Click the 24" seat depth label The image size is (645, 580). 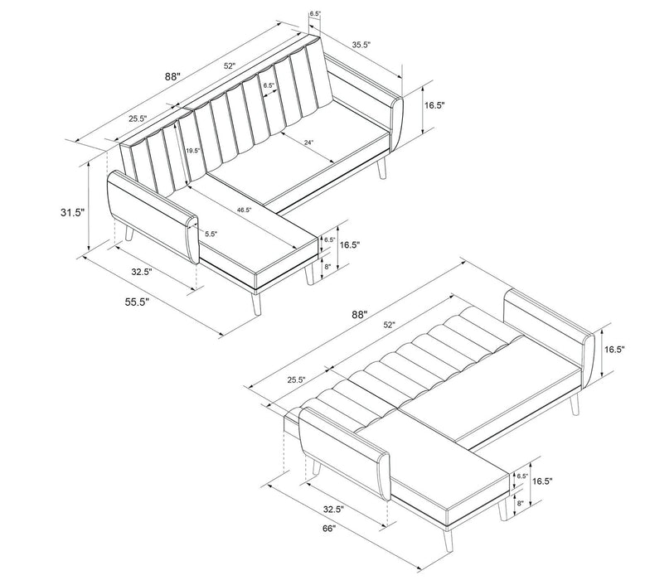(308, 143)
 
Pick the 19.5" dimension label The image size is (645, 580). (193, 151)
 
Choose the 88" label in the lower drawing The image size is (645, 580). (358, 315)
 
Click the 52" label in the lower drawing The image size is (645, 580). (389, 324)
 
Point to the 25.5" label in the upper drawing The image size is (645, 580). (138, 119)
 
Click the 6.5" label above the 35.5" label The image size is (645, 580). (314, 14)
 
